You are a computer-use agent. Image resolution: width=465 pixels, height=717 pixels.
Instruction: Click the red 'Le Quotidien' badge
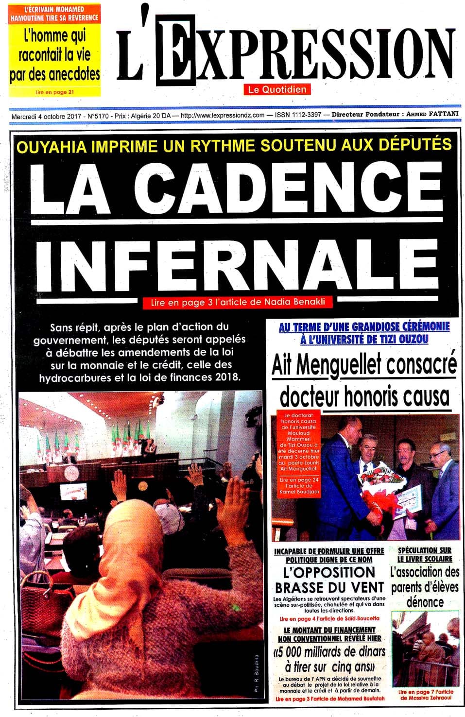click(x=277, y=89)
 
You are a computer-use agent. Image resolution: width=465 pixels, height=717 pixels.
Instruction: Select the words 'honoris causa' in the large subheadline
click(x=396, y=397)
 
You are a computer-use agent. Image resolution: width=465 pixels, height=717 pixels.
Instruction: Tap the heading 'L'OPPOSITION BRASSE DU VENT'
click(x=329, y=580)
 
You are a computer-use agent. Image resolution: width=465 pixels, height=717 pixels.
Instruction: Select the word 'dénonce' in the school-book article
click(x=425, y=602)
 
